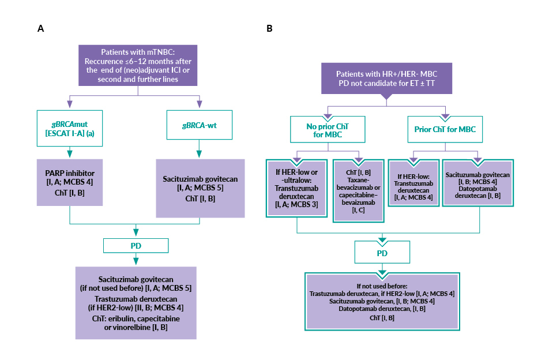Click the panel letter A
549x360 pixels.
pos(40,28)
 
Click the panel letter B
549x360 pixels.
pos(269,28)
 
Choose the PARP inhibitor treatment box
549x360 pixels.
pos(70,183)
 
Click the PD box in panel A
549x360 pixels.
pos(136,246)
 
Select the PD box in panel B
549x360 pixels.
pos(382,253)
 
